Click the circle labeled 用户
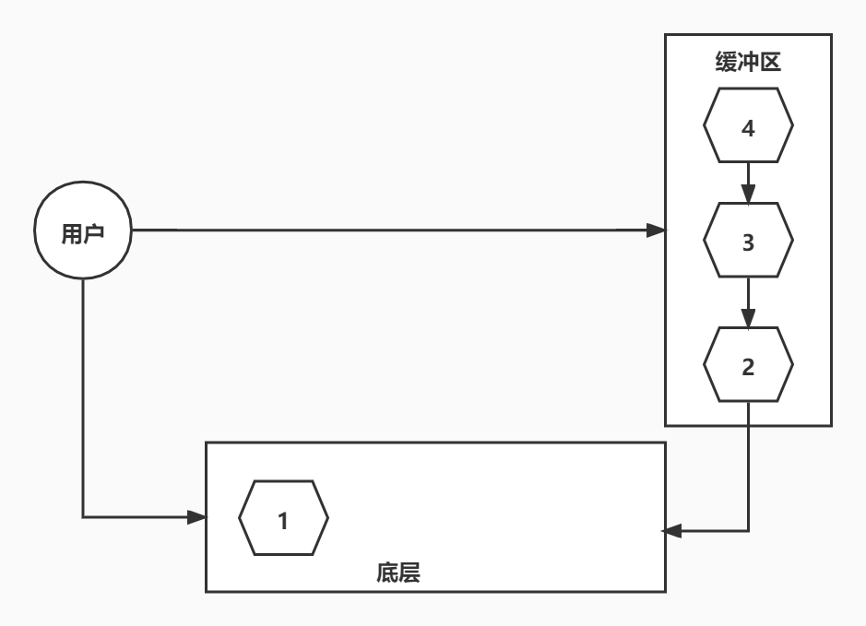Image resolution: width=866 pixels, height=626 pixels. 83,233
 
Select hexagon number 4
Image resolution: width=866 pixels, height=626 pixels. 748,129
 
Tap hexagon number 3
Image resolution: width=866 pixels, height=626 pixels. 748,243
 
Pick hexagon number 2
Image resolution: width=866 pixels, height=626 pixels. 748,366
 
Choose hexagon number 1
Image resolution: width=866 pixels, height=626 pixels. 283,520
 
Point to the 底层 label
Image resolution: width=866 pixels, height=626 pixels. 398,573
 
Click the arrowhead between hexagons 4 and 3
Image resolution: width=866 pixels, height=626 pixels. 748,195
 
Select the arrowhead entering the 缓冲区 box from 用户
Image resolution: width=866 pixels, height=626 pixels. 656,230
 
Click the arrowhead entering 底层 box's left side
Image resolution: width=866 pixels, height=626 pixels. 196,517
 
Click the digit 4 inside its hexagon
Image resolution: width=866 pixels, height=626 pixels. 748,129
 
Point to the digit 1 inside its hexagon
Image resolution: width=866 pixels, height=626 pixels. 283,521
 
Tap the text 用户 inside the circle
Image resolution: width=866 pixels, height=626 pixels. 82,234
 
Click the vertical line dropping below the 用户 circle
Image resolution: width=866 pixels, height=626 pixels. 83,396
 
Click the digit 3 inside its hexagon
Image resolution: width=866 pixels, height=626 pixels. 748,243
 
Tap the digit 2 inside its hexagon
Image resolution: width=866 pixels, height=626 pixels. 748,366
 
